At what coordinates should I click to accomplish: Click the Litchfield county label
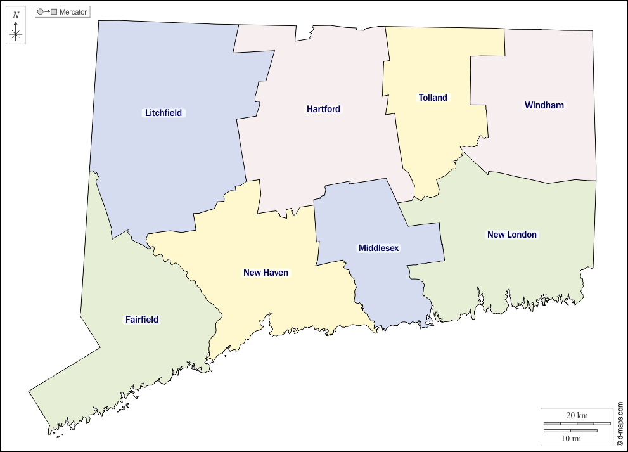pyautogui.click(x=163, y=113)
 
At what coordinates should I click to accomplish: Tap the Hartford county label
pyautogui.click(x=323, y=109)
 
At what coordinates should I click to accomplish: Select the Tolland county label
pyautogui.click(x=433, y=98)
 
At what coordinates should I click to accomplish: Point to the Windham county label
pyautogui.click(x=544, y=105)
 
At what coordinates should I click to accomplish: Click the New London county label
pyautogui.click(x=511, y=235)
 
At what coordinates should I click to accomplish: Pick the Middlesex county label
pyautogui.click(x=378, y=248)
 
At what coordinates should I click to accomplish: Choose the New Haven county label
pyautogui.click(x=266, y=273)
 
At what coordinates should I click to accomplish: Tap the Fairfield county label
pyautogui.click(x=141, y=320)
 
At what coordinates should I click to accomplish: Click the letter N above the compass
pyautogui.click(x=16, y=15)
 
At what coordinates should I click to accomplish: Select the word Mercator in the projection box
pyautogui.click(x=73, y=12)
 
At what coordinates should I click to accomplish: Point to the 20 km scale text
pyautogui.click(x=577, y=415)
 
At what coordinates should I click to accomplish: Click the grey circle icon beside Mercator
pyautogui.click(x=41, y=12)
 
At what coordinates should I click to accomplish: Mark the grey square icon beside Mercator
pyautogui.click(x=54, y=12)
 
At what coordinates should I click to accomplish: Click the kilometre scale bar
pyautogui.click(x=577, y=423)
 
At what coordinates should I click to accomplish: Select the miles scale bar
pyautogui.click(x=570, y=430)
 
